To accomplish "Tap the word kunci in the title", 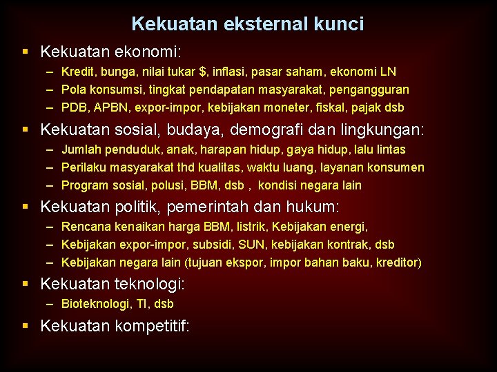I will click(338, 25).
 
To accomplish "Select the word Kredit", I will click(77, 72).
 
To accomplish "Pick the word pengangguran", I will click(376, 90).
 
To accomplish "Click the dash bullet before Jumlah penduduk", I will click(51, 149).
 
